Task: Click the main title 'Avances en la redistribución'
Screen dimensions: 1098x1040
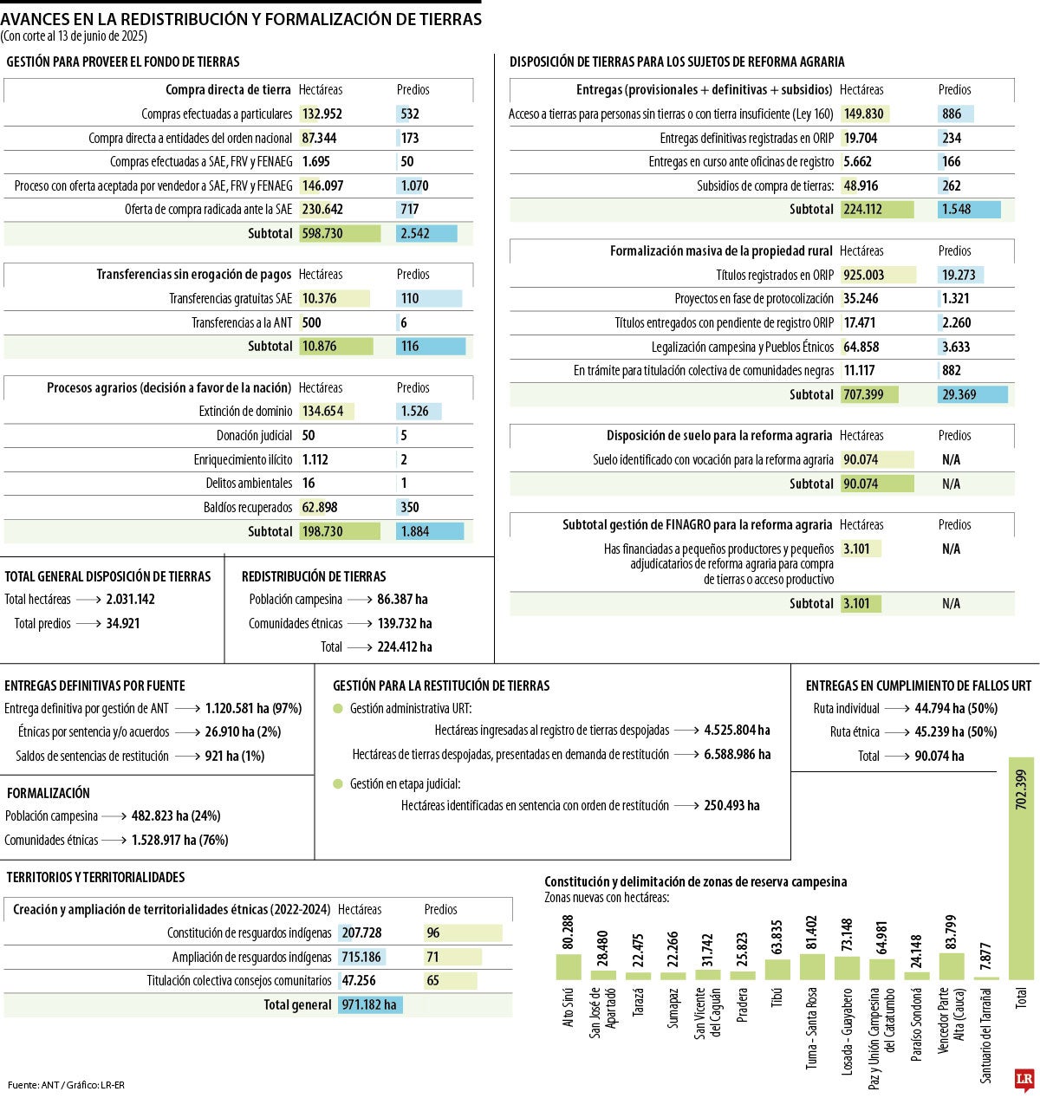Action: [241, 19]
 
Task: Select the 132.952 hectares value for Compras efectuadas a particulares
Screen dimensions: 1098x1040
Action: [322, 114]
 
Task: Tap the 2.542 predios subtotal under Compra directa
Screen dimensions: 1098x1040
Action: [415, 233]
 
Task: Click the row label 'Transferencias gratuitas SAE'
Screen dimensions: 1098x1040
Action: [231, 298]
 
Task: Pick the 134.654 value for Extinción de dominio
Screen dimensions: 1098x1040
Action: [323, 412]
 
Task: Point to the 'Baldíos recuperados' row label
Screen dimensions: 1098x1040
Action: [248, 507]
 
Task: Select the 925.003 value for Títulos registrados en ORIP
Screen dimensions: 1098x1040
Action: [864, 275]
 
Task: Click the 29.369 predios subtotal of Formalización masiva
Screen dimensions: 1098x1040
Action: [959, 394]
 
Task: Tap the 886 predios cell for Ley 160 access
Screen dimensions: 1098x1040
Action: [952, 114]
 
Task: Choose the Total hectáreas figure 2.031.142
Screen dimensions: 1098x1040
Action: [131, 599]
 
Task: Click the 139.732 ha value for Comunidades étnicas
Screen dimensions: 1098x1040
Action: [405, 623]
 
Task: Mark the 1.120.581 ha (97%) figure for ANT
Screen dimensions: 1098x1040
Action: [253, 708]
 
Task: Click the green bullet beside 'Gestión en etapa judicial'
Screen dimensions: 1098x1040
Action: [338, 783]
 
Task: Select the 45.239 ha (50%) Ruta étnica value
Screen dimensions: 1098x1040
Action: [956, 731]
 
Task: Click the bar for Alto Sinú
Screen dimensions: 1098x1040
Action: [569, 966]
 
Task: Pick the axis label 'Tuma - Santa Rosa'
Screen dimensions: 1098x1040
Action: [812, 1028]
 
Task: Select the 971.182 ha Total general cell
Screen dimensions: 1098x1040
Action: [369, 1005]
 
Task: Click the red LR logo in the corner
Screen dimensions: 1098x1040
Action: [1024, 1079]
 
